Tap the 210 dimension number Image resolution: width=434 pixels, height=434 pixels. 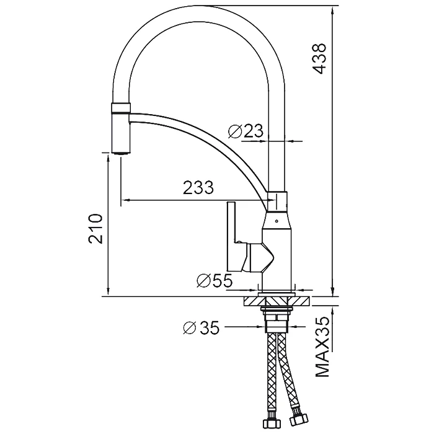[x=95, y=228]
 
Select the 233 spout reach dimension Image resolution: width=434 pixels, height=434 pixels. [x=198, y=187]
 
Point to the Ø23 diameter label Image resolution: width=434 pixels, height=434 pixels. [x=246, y=131]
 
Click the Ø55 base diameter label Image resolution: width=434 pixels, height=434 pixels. [x=215, y=281]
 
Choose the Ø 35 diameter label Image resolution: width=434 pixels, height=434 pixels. [x=201, y=328]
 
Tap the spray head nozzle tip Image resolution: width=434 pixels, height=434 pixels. [x=120, y=153]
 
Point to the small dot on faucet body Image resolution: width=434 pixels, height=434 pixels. [x=276, y=221]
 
